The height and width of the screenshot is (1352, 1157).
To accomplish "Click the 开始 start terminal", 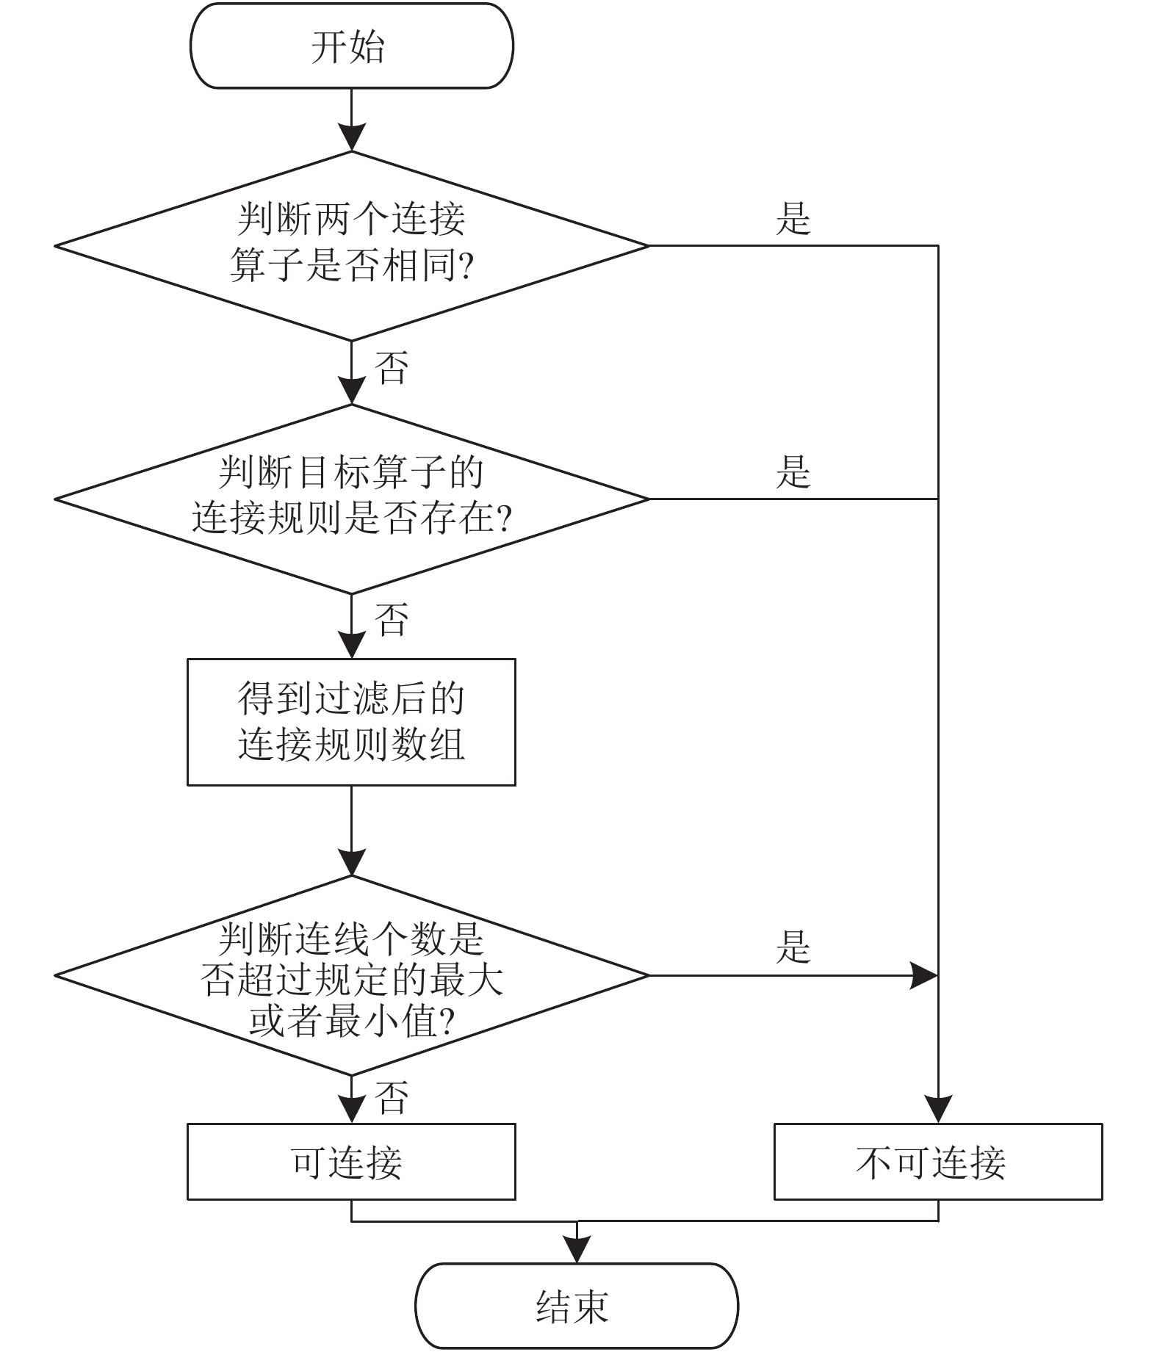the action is click(x=351, y=46).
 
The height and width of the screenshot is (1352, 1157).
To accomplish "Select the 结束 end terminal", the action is click(x=577, y=1306).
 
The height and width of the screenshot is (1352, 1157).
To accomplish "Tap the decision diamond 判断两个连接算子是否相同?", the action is click(x=351, y=246).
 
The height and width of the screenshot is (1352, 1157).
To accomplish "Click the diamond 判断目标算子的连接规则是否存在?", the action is click(x=351, y=499).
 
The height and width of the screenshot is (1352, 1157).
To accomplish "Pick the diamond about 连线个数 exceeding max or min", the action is click(x=351, y=976).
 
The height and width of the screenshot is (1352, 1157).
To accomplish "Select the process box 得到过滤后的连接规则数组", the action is click(x=351, y=722).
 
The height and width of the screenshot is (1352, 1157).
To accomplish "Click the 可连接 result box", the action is click(x=351, y=1162).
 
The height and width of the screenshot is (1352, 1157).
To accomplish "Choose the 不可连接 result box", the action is click(x=938, y=1162).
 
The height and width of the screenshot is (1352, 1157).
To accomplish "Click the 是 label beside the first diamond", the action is click(x=793, y=219).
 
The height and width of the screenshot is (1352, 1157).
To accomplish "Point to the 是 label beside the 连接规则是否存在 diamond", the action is click(x=793, y=471).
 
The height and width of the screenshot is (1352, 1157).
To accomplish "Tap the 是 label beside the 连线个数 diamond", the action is click(x=793, y=947).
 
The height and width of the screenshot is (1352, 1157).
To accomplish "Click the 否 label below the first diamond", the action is click(x=392, y=367).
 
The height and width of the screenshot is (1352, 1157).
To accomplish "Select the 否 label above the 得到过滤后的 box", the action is click(x=392, y=619).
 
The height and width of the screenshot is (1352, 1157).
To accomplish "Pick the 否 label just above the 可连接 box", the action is click(x=392, y=1098).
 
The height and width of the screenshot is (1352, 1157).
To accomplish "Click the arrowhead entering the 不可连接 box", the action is click(x=938, y=1110).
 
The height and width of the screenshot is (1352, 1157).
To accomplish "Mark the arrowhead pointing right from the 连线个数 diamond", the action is click(x=924, y=976).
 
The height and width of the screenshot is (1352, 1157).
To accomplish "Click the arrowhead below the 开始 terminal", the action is click(x=351, y=137).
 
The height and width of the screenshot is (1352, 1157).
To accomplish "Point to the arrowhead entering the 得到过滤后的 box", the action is click(x=351, y=645).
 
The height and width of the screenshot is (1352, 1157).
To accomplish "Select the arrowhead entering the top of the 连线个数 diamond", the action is click(x=351, y=862).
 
